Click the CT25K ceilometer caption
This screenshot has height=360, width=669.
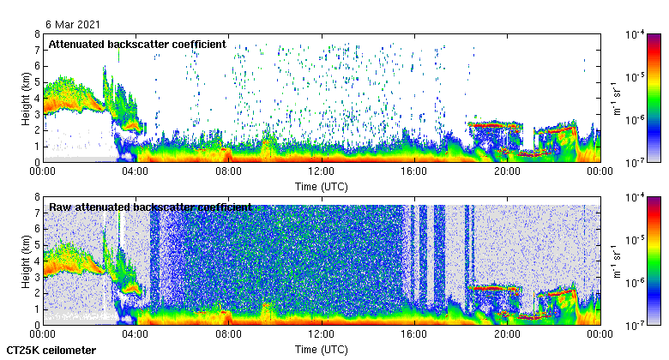[51, 351]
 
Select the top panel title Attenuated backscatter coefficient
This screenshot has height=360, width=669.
[137, 44]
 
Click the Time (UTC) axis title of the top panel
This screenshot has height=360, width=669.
[321, 185]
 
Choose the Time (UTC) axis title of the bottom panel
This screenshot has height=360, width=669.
[321, 349]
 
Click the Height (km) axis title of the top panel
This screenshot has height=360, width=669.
[26, 98]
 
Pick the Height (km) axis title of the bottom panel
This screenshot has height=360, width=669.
[26, 261]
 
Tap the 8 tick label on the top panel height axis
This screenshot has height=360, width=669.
[36, 34]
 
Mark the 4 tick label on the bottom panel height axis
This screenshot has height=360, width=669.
[36, 261]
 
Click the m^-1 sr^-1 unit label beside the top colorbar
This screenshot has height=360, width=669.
[616, 98]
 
